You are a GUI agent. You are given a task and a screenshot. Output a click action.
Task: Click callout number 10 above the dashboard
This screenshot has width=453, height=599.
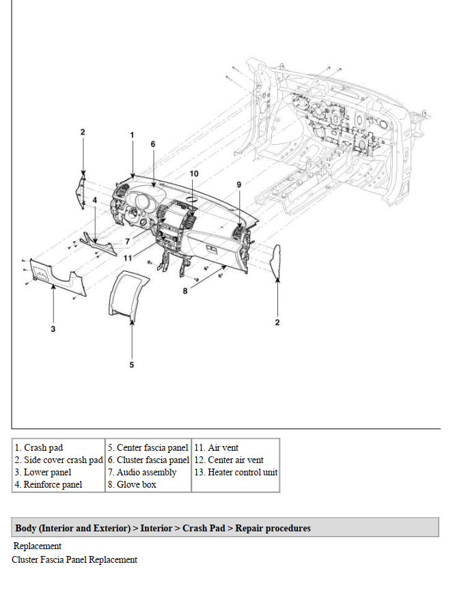point(194,173)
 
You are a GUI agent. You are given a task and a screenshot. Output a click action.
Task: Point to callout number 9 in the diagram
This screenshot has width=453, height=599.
point(239,184)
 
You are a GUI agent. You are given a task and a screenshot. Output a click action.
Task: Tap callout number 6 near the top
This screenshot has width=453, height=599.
point(153,144)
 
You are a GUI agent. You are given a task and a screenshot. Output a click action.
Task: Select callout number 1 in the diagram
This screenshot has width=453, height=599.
point(133,135)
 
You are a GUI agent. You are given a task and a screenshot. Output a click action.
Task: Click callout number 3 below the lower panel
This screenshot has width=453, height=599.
point(53,329)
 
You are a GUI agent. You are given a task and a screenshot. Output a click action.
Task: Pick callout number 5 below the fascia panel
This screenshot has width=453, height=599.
point(132,364)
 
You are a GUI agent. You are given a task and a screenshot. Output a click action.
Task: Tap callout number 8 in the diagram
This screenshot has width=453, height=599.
point(184,291)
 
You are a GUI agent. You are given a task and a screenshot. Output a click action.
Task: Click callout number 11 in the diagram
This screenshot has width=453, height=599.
point(127,257)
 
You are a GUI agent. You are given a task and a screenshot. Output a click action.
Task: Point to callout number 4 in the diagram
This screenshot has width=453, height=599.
point(94,200)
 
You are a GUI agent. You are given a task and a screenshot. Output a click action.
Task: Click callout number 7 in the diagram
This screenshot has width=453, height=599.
point(127,241)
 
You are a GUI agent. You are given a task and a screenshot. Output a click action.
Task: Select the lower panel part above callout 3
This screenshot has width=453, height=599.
point(58,278)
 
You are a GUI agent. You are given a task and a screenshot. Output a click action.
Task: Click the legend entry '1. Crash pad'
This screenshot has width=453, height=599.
point(39,448)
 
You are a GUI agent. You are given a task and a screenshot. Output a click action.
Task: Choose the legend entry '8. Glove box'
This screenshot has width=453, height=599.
point(132,485)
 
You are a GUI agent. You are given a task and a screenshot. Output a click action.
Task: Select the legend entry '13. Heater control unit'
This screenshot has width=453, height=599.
point(236,473)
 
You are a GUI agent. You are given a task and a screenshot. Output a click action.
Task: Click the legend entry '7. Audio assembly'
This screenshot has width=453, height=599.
point(142,473)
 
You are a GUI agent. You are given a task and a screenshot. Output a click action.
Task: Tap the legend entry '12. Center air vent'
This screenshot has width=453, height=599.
point(229,460)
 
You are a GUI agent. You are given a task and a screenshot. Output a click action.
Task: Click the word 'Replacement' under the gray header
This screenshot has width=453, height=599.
point(38,546)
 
